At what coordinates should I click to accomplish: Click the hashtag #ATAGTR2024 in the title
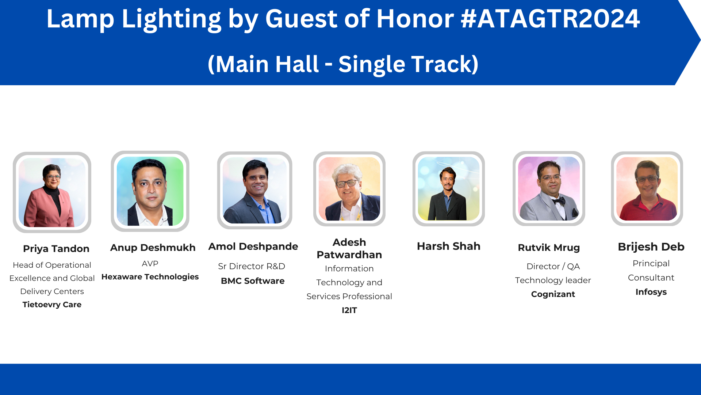[x=550, y=19]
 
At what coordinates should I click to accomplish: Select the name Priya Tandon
[x=56, y=249]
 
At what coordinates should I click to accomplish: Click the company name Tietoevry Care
[x=52, y=305]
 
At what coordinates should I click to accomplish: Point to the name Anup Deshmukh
[x=153, y=248]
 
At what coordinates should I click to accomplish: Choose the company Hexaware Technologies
[x=150, y=277]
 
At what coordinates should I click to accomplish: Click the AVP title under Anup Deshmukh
[x=150, y=264]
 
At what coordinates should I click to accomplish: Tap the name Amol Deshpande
[x=253, y=247]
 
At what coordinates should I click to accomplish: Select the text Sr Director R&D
[x=252, y=266]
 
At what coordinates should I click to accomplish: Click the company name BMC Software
[x=253, y=281]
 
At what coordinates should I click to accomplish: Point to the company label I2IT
[x=349, y=310]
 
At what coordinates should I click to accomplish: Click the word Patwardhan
[x=349, y=255]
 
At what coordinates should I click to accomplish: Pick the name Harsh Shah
[x=449, y=247]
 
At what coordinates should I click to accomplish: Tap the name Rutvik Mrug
[x=549, y=248]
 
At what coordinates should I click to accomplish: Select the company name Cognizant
[x=553, y=294]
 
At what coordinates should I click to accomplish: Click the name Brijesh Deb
[x=651, y=247]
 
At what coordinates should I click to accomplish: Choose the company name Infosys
[x=651, y=292]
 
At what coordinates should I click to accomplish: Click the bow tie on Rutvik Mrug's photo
[x=559, y=201]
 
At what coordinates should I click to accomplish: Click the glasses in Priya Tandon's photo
[x=53, y=177]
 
